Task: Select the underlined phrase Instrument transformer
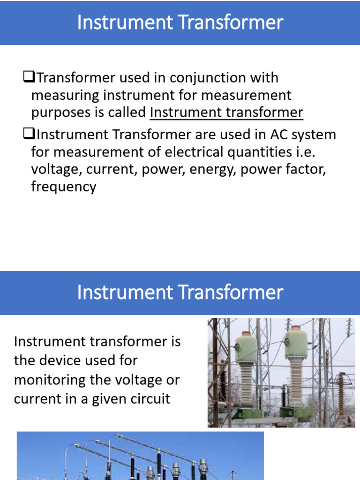pyautogui.click(x=226, y=112)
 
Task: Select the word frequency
pyautogui.click(x=64, y=187)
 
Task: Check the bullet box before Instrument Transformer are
pyautogui.click(x=27, y=135)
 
